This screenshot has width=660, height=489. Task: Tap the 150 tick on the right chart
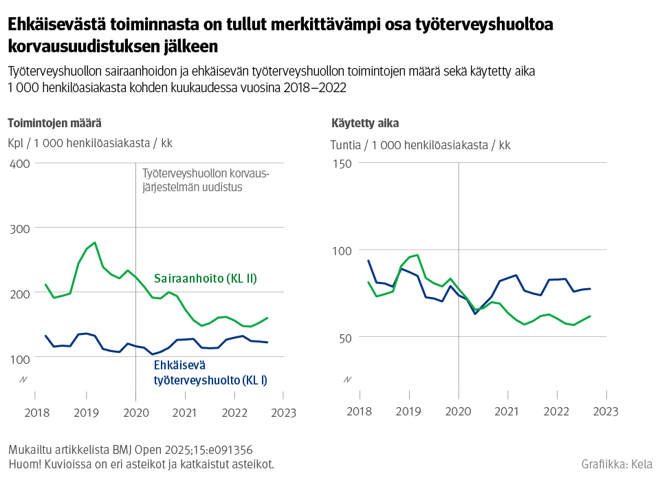(x=342, y=163)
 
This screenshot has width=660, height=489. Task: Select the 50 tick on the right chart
(x=344, y=337)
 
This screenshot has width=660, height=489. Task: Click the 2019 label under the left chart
(x=86, y=412)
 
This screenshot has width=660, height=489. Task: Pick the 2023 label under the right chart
(x=605, y=412)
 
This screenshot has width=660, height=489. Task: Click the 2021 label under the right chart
(x=507, y=412)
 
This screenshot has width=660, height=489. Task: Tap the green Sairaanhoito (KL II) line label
(x=205, y=279)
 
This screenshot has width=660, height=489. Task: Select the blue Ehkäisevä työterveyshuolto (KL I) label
(x=210, y=372)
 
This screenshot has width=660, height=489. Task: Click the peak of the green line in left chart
(x=94, y=243)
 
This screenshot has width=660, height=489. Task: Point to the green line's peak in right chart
(x=417, y=255)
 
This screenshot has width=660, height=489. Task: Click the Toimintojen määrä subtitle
(x=54, y=123)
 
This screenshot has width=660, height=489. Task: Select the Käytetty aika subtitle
(x=364, y=123)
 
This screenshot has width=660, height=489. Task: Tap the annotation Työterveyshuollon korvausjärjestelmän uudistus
(x=205, y=180)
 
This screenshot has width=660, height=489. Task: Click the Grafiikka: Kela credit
(x=617, y=464)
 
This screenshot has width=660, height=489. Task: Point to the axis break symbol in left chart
(x=23, y=380)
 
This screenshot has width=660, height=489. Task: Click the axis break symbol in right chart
(x=346, y=380)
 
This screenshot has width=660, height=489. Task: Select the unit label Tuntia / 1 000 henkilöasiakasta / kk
(x=420, y=145)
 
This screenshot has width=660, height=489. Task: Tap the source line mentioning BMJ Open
(x=130, y=450)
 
